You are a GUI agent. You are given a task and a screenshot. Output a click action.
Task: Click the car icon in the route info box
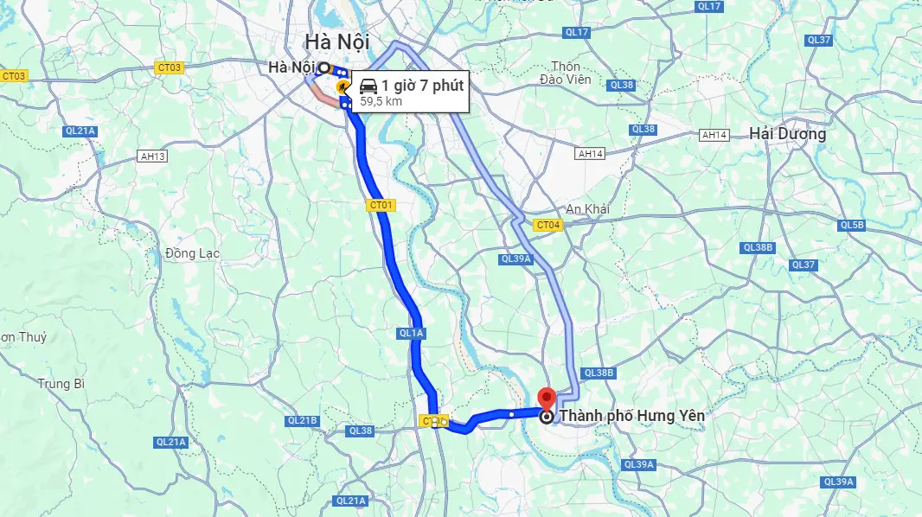(x=368, y=86)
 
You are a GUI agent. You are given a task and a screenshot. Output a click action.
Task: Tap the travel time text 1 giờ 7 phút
(x=423, y=86)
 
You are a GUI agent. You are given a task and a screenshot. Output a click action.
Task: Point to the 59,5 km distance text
(x=381, y=101)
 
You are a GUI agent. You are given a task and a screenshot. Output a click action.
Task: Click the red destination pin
(x=547, y=399)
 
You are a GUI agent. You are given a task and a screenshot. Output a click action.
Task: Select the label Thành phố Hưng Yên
(x=632, y=416)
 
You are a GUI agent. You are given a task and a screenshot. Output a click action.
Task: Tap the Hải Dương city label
(x=788, y=134)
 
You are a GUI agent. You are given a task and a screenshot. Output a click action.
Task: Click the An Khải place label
(x=588, y=209)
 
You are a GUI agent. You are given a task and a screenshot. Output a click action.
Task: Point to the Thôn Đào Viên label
(x=567, y=73)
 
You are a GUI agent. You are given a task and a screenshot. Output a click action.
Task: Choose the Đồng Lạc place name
(x=192, y=253)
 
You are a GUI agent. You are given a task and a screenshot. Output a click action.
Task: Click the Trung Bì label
(x=61, y=383)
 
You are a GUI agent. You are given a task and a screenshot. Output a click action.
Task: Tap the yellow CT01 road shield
(x=381, y=205)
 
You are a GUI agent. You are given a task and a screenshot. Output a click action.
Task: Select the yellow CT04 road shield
(x=548, y=225)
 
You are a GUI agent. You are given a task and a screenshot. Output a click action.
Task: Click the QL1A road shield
(x=412, y=333)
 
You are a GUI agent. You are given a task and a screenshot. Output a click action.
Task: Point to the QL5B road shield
(x=852, y=225)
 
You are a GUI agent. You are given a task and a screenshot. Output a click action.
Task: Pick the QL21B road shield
(x=304, y=420)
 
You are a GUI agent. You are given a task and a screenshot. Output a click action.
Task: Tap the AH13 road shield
(x=152, y=156)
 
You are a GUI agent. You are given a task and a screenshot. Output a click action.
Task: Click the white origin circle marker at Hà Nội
(x=323, y=67)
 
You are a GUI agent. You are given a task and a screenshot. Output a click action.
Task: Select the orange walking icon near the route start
(x=343, y=86)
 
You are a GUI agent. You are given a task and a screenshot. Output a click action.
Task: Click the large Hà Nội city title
(x=336, y=41)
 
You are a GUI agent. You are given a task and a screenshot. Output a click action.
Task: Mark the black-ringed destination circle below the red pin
(x=547, y=417)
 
